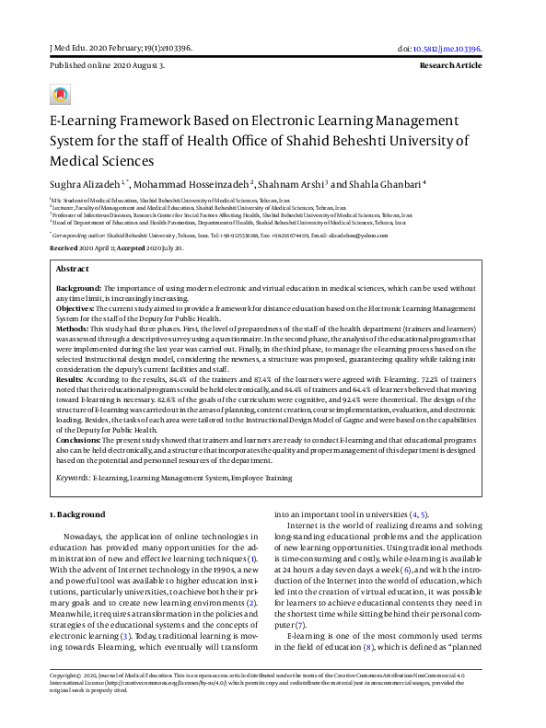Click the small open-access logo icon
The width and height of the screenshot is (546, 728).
61,96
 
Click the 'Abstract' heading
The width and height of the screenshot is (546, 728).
73,269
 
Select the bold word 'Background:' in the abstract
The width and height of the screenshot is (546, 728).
78,288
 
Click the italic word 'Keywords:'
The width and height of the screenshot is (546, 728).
73,479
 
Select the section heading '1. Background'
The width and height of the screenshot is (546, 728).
77,514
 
